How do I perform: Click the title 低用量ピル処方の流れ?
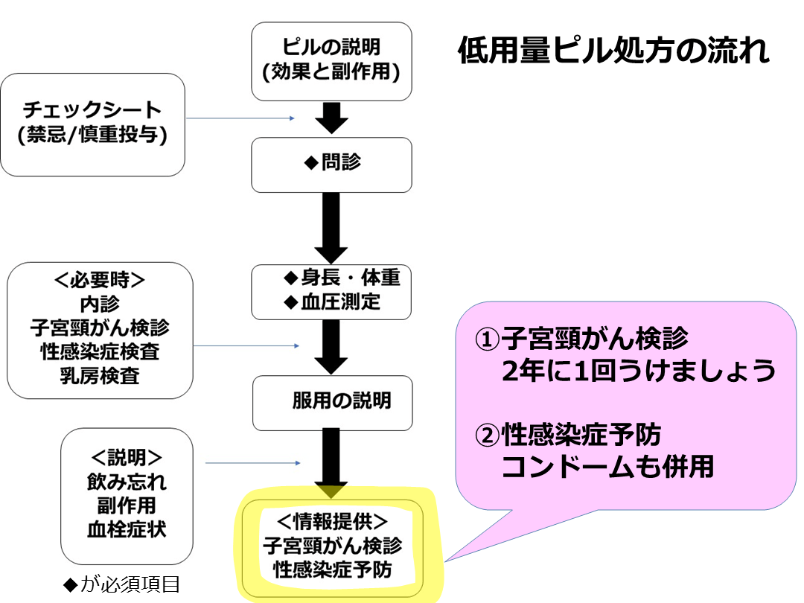[x=613, y=53]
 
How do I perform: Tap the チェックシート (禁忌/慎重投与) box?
[x=92, y=124]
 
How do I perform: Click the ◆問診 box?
[x=331, y=163]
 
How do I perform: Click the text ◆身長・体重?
[x=342, y=278]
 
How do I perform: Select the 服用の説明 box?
[x=332, y=402]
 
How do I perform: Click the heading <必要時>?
[x=100, y=281]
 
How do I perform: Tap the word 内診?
[x=100, y=304]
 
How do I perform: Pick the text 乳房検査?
[x=100, y=374]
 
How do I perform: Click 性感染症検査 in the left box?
[x=100, y=351]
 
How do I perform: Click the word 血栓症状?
[x=126, y=529]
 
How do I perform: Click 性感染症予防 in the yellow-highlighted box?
[x=332, y=570]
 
